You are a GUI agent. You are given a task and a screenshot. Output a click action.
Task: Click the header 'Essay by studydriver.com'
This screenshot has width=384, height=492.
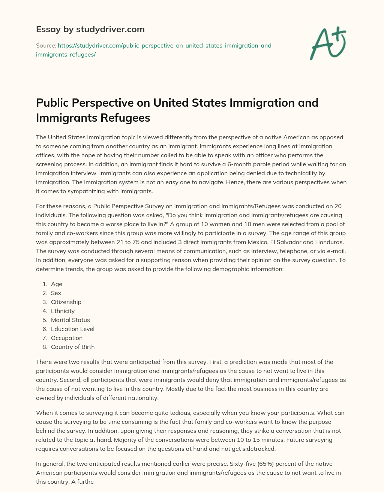click(x=90, y=29)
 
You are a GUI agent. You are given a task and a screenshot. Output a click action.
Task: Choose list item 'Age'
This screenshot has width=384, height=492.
click(x=57, y=284)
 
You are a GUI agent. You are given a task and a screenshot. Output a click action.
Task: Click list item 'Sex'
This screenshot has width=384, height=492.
click(x=56, y=293)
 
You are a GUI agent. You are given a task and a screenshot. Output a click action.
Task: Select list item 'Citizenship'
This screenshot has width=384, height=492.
click(x=66, y=302)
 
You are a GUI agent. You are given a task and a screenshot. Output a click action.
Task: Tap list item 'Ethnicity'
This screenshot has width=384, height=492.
click(x=63, y=311)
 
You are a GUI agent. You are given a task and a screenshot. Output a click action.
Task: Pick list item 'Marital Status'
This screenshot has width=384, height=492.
click(x=70, y=320)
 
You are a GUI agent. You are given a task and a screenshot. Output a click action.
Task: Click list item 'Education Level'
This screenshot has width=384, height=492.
click(x=73, y=329)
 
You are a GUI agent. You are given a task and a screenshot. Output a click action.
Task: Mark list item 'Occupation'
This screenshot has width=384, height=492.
click(x=67, y=338)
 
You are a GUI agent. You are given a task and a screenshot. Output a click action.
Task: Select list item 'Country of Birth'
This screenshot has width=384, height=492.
click(x=73, y=347)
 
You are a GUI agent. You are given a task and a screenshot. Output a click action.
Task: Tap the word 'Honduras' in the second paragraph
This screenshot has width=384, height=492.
click(x=330, y=233)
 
